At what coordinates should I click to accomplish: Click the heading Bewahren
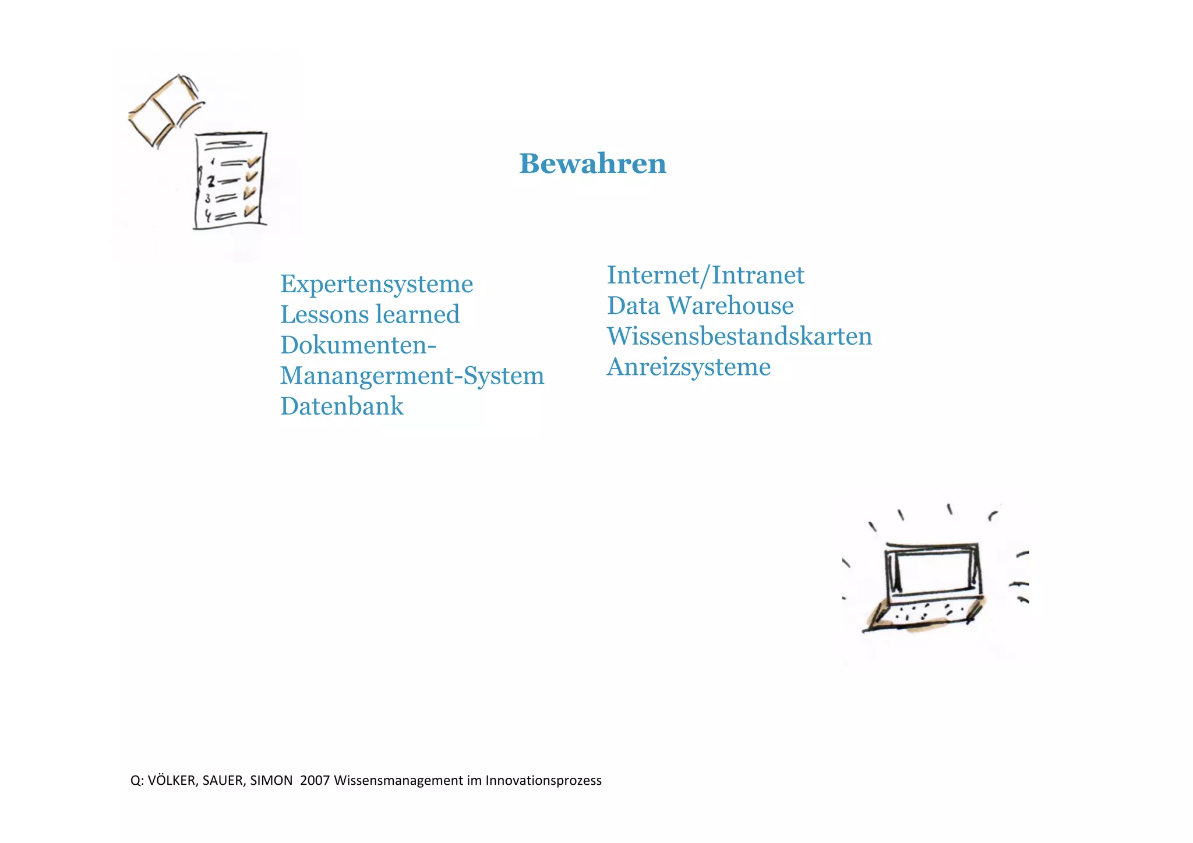click(x=592, y=164)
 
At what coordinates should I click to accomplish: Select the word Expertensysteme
click(x=376, y=284)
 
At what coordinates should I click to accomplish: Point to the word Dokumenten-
click(x=358, y=345)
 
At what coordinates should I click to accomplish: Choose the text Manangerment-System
click(x=412, y=376)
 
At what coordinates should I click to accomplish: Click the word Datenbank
click(x=341, y=406)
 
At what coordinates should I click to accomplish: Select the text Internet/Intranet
click(x=705, y=275)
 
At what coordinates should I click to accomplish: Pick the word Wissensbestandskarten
click(x=739, y=337)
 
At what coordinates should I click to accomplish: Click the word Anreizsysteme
click(x=689, y=367)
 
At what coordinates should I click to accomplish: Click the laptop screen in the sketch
click(x=932, y=571)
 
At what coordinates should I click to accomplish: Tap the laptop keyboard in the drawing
click(x=926, y=614)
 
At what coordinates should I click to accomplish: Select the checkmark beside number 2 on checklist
click(x=252, y=176)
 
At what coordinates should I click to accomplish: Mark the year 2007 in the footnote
click(x=315, y=781)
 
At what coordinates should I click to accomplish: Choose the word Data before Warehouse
click(x=633, y=306)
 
